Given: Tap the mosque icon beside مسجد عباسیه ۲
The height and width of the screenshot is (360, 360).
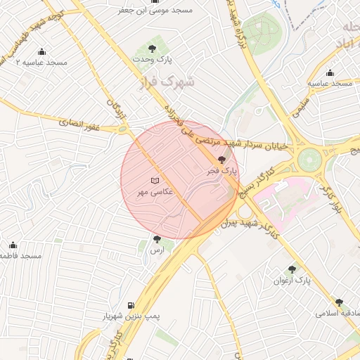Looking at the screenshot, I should (x=41, y=52).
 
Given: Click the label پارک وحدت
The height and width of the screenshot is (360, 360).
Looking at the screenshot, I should (x=150, y=60).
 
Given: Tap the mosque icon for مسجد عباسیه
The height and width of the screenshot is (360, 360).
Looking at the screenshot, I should (x=330, y=73).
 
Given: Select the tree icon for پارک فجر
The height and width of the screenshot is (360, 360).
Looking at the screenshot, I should (x=223, y=160).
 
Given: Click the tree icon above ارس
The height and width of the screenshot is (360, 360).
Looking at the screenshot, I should (x=157, y=240).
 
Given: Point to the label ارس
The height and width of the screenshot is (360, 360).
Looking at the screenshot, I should (x=157, y=250).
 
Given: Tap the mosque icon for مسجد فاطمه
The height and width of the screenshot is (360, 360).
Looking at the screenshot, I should (x=13, y=245).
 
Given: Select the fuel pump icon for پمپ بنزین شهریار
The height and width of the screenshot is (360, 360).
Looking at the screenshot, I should (x=131, y=305).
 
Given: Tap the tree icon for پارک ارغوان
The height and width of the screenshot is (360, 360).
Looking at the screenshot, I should (x=292, y=269).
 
